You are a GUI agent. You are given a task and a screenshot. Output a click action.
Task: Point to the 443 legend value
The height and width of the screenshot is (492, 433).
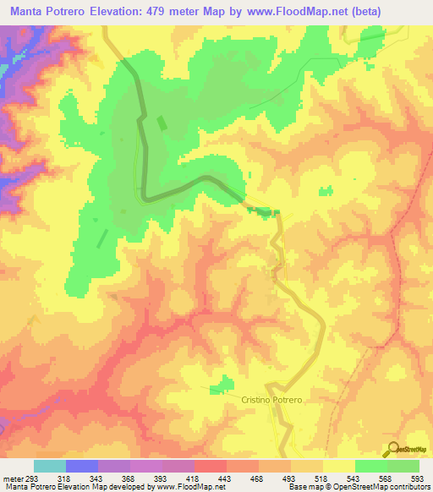click(224, 477)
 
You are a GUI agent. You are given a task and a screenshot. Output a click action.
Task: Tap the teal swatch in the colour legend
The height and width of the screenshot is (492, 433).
click(50, 466)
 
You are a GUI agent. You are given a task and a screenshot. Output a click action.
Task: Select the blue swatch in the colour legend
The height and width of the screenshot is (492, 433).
click(82, 466)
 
